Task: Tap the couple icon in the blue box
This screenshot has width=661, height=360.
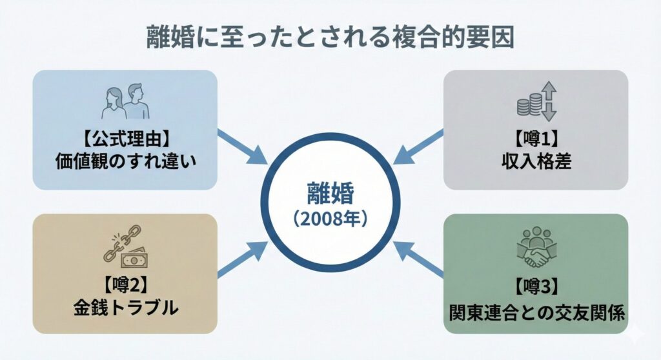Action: (125, 101)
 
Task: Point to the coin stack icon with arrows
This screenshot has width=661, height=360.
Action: (536, 101)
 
